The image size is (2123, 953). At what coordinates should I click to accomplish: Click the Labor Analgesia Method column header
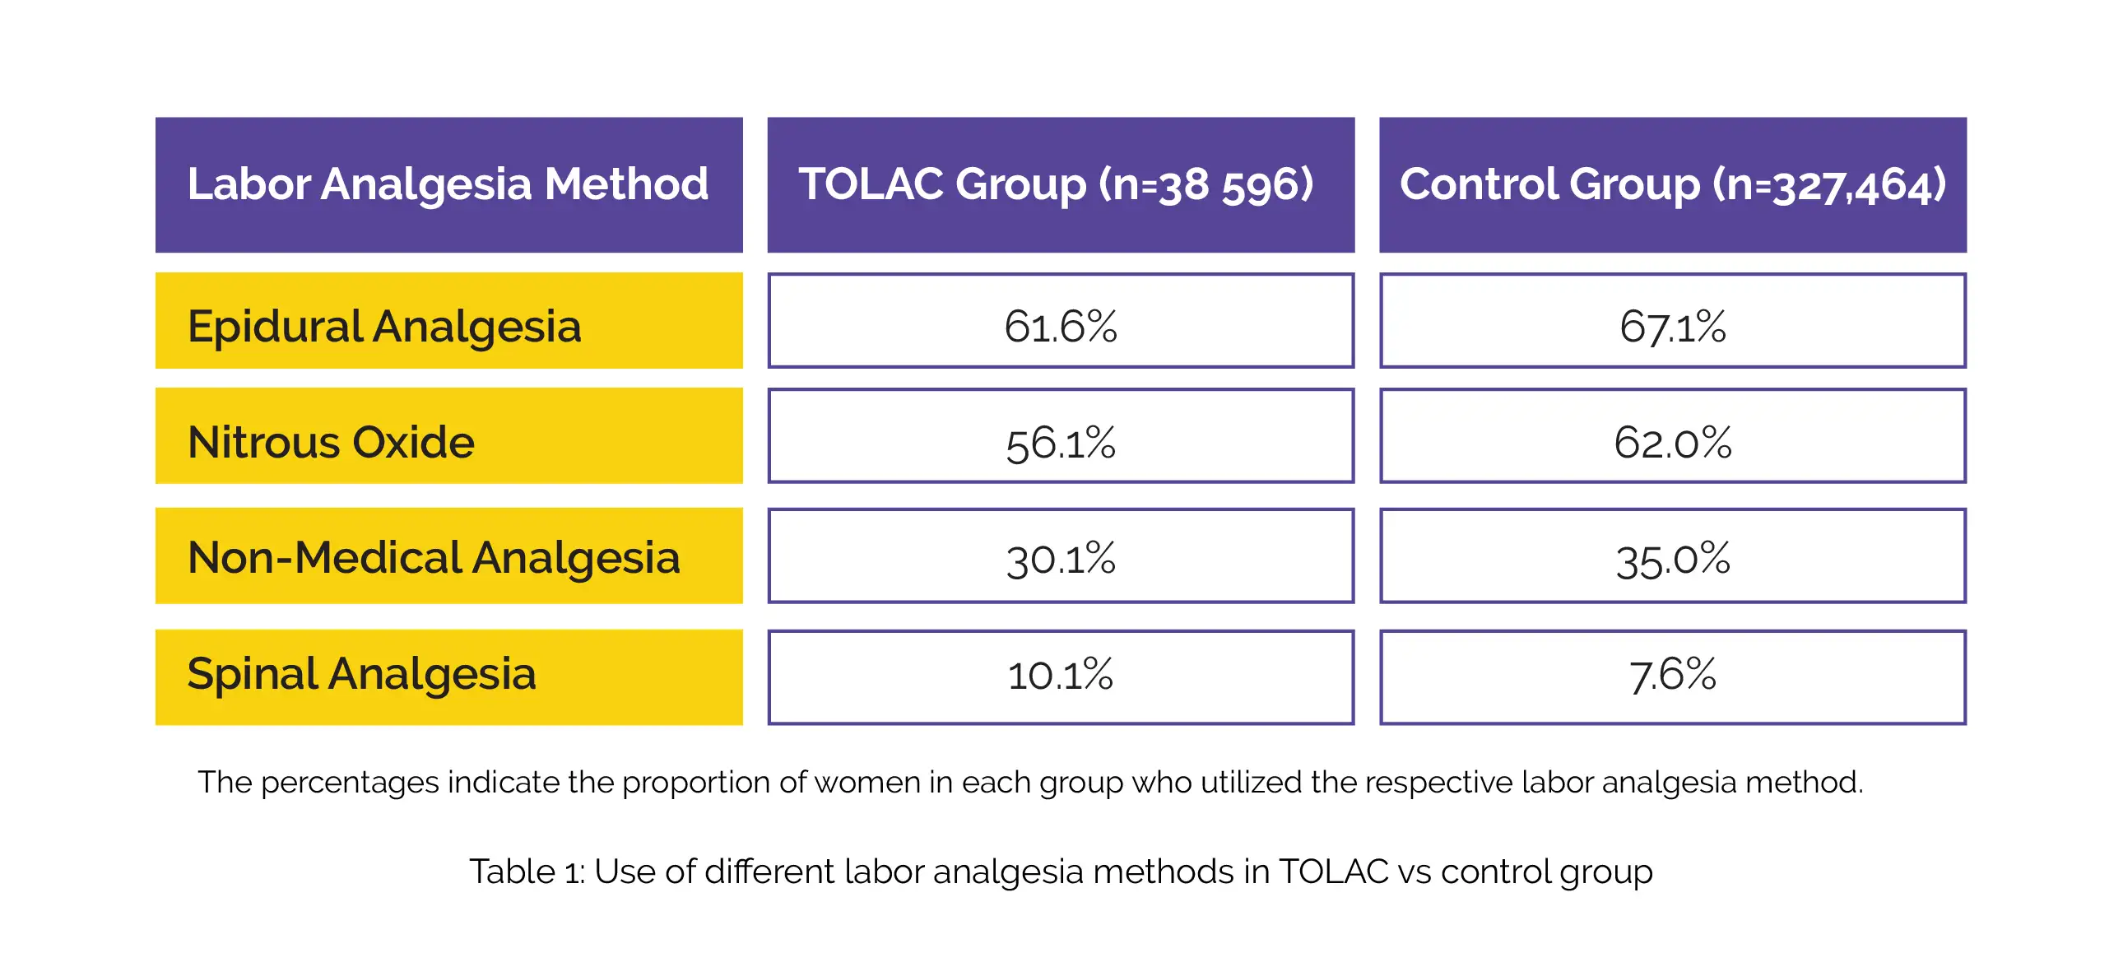coord(449,184)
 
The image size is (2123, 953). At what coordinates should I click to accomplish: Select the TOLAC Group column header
coord(1061,184)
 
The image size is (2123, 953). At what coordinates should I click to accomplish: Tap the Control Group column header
coord(1673,184)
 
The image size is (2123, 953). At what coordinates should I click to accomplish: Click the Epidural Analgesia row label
coord(449,321)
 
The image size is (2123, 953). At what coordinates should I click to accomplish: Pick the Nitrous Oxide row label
coord(449,436)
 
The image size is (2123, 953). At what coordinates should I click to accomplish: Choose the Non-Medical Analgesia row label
coord(449,556)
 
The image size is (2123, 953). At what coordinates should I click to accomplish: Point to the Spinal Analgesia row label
coord(449,677)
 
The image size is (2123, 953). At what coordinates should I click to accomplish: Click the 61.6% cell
coord(1061,321)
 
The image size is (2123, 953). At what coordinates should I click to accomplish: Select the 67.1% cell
coord(1673,321)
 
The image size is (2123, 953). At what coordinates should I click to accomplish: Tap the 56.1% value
coord(1061,444)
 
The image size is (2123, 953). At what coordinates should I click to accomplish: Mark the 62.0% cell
coord(1673,436)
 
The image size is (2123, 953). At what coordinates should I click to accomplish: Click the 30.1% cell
coord(1061,556)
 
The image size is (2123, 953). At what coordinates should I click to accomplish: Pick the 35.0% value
coord(1673,560)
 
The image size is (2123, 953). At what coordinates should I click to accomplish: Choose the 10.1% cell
coord(1061,677)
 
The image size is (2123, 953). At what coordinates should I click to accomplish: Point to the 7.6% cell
coord(1673,677)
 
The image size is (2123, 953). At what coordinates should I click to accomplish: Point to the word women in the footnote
coord(868,783)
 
